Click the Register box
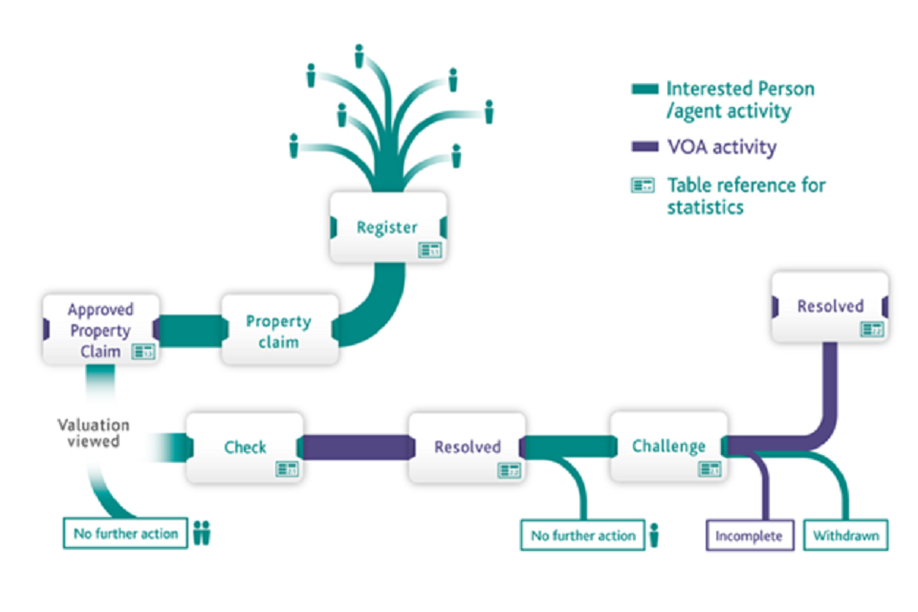pyautogui.click(x=387, y=227)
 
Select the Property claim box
pyautogui.click(x=279, y=330)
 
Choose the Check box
pyautogui.click(x=245, y=447)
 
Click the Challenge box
pyautogui.click(x=668, y=447)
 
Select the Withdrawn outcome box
pyautogui.click(x=845, y=535)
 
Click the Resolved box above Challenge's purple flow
pyautogui.click(x=830, y=307)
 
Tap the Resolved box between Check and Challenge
pyautogui.click(x=467, y=447)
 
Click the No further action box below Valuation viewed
pyautogui.click(x=125, y=534)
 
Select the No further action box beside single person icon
pyautogui.click(x=582, y=535)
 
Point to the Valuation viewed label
pyautogui.click(x=93, y=433)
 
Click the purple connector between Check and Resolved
pyautogui.click(x=356, y=447)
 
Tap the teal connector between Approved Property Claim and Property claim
pyautogui.click(x=189, y=329)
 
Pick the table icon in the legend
pyautogui.click(x=643, y=185)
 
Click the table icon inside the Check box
pyautogui.click(x=287, y=469)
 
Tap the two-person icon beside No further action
pyautogui.click(x=201, y=533)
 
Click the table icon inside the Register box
pyautogui.click(x=429, y=250)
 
